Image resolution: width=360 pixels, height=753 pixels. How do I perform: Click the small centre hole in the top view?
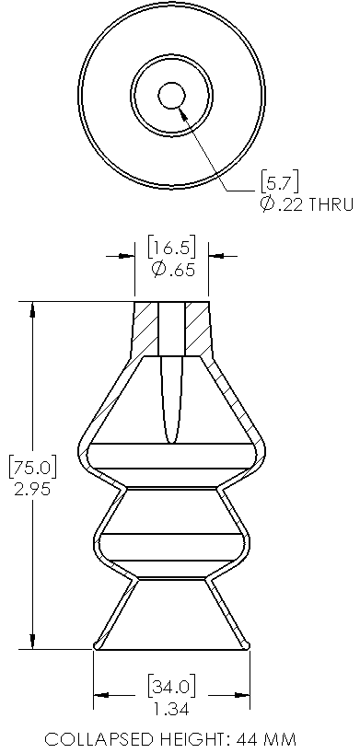(171, 96)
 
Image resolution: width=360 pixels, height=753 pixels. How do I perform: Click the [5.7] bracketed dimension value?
(279, 181)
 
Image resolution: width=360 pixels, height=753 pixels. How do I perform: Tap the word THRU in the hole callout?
(331, 204)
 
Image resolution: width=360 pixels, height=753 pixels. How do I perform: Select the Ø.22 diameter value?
(282, 204)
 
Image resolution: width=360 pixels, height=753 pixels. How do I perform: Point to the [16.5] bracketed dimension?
(171, 248)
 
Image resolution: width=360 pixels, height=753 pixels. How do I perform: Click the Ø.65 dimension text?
(173, 270)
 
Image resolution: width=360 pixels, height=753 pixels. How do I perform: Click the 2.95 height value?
(32, 490)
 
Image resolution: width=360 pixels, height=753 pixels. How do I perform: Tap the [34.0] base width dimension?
(171, 686)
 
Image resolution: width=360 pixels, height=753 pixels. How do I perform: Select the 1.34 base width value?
(171, 708)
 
